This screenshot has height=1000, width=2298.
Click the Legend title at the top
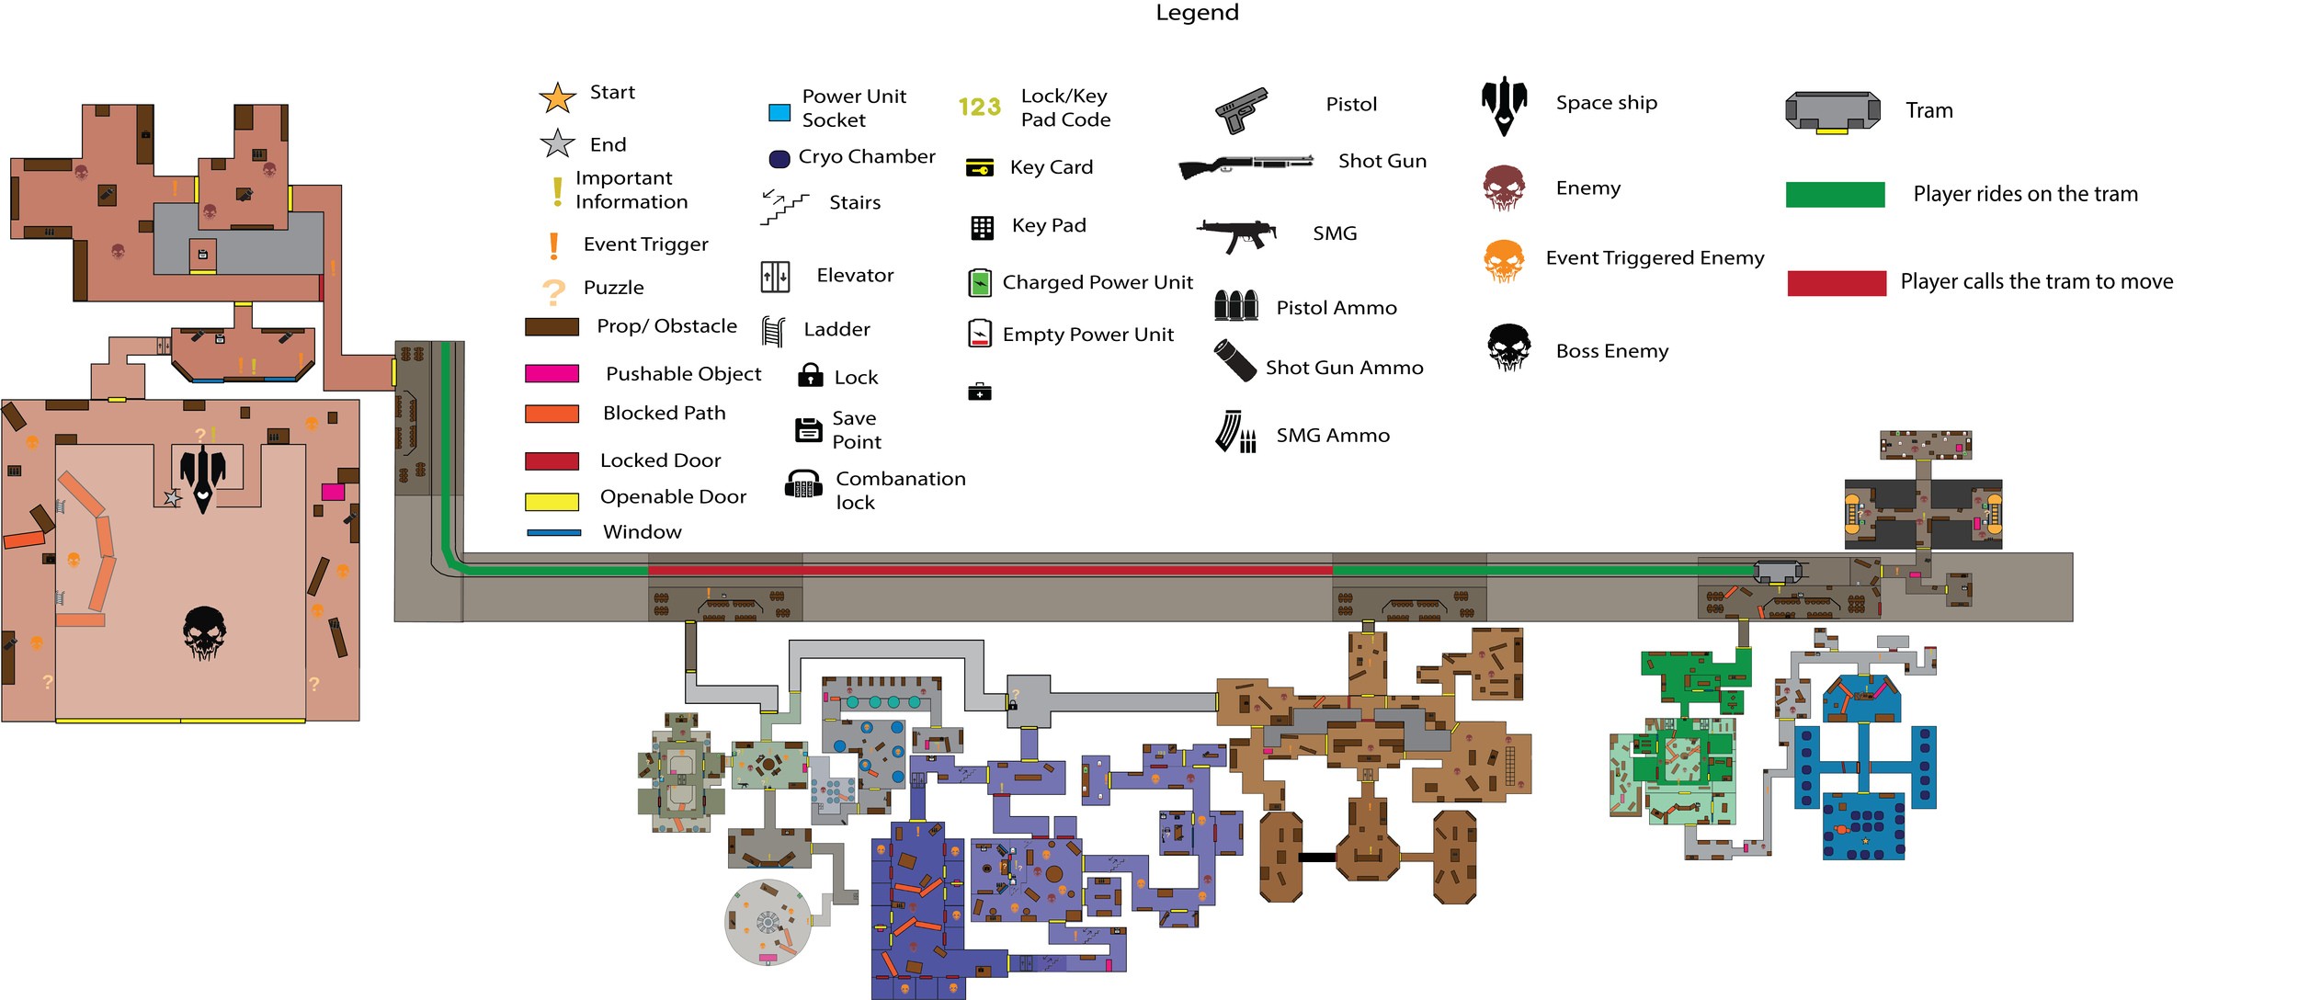(x=1197, y=13)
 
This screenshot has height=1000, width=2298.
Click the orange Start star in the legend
(x=557, y=97)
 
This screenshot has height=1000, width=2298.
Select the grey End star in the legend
(x=557, y=143)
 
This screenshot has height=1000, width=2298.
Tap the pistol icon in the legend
(x=1241, y=110)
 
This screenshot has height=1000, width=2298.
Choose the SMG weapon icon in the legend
(x=1237, y=234)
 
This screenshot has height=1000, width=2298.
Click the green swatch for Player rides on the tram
(x=1835, y=194)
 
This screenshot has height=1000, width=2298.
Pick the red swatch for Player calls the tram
(x=1836, y=282)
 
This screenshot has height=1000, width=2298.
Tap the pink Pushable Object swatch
(x=552, y=373)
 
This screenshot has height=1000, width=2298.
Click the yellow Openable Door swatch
(x=552, y=501)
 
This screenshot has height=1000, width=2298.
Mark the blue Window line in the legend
(x=553, y=532)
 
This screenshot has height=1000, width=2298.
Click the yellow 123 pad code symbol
(x=979, y=108)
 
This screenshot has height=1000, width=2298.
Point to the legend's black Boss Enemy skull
(x=1508, y=347)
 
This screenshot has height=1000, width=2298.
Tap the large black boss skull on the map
(x=204, y=632)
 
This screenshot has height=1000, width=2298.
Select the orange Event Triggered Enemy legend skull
(x=1504, y=260)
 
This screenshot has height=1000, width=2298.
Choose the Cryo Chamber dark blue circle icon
(x=779, y=159)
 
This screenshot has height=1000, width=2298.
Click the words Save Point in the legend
(x=856, y=430)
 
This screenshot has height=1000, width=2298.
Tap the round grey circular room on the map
(x=768, y=922)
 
